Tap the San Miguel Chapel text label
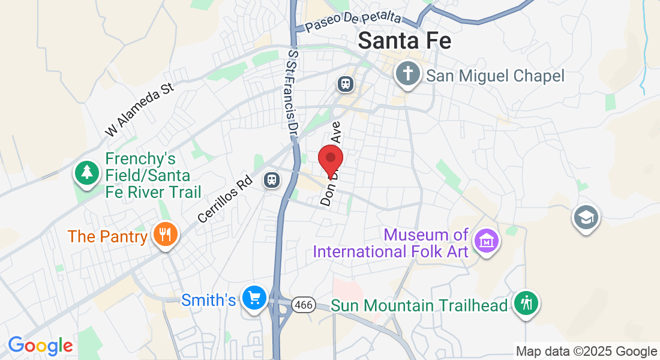point(496,76)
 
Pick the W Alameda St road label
point(139,109)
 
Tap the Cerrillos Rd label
point(223,200)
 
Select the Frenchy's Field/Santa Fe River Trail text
point(153,175)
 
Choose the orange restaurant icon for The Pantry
point(163,233)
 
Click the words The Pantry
point(107,236)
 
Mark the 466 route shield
point(304,305)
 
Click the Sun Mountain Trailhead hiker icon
point(527,303)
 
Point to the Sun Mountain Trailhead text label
point(419,306)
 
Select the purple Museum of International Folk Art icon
point(485,241)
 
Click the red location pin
point(330,160)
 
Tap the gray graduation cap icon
point(586,217)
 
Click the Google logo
point(40,346)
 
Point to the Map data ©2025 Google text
point(586,352)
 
